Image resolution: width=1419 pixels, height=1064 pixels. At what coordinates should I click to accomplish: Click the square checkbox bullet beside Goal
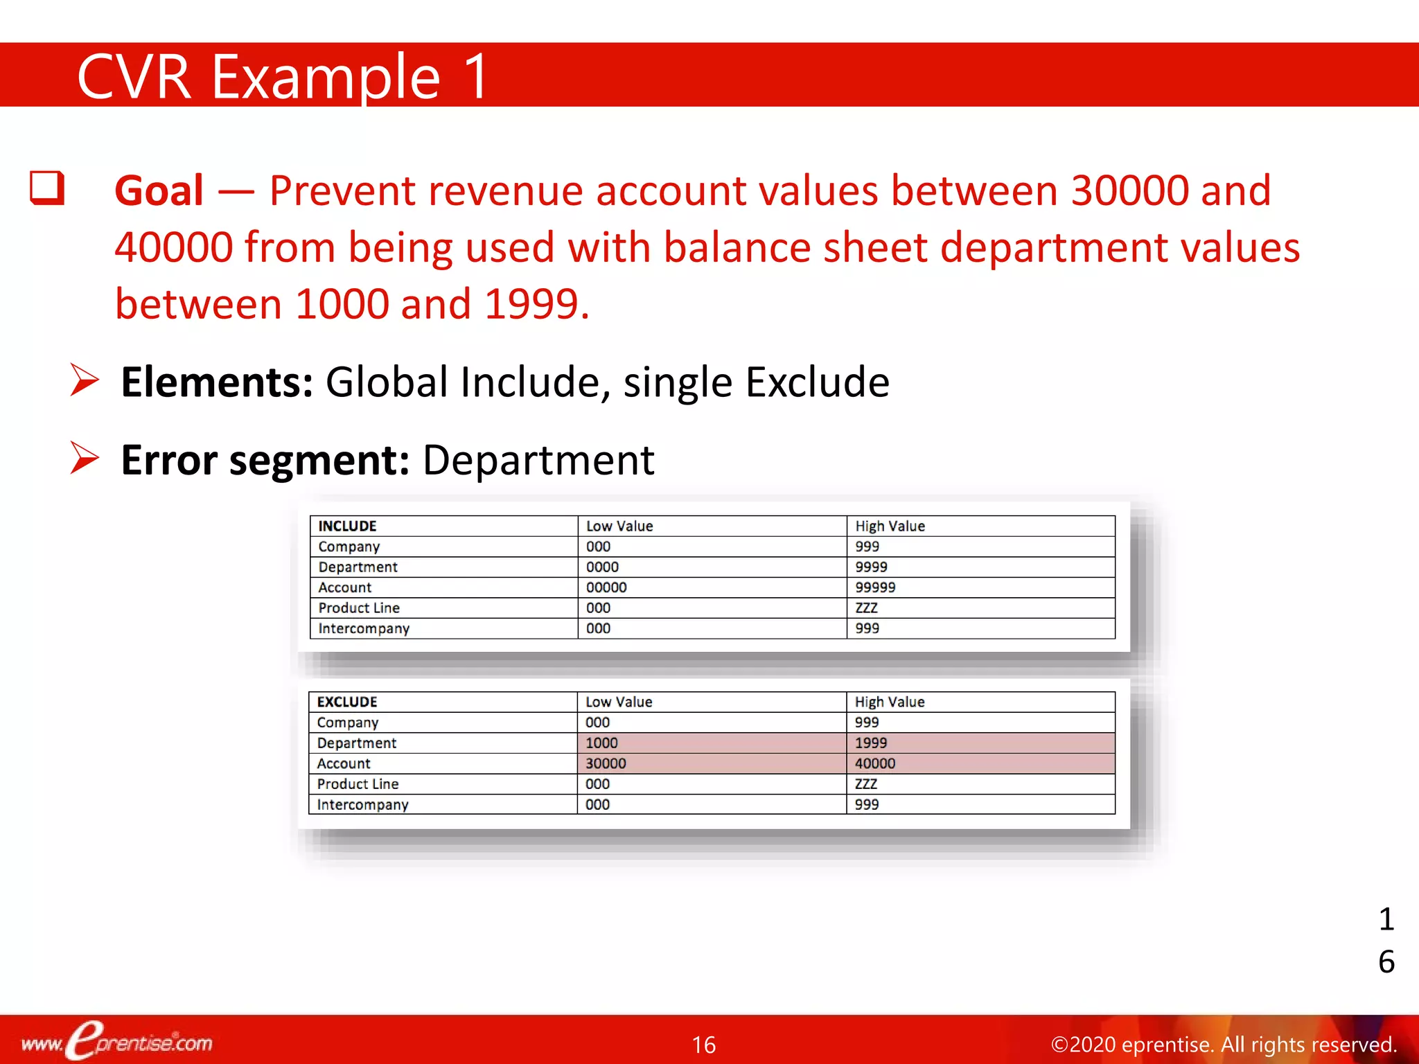[47, 188]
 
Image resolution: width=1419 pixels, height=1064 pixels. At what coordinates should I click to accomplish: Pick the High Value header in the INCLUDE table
[890, 526]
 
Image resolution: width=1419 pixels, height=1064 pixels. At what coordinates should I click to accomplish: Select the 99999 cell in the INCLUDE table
[875, 587]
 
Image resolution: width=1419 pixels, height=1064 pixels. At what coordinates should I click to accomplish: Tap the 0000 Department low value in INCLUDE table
[602, 567]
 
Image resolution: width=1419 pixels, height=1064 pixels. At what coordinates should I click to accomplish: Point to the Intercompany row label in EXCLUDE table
[362, 804]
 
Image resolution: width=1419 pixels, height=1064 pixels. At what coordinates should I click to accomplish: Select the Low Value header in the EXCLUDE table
[619, 702]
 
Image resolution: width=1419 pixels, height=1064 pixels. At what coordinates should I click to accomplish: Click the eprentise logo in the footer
[118, 1041]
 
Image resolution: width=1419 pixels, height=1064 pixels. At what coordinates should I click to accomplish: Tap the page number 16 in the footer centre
[704, 1045]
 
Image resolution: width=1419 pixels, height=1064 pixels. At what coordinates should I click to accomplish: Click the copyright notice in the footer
[1224, 1044]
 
